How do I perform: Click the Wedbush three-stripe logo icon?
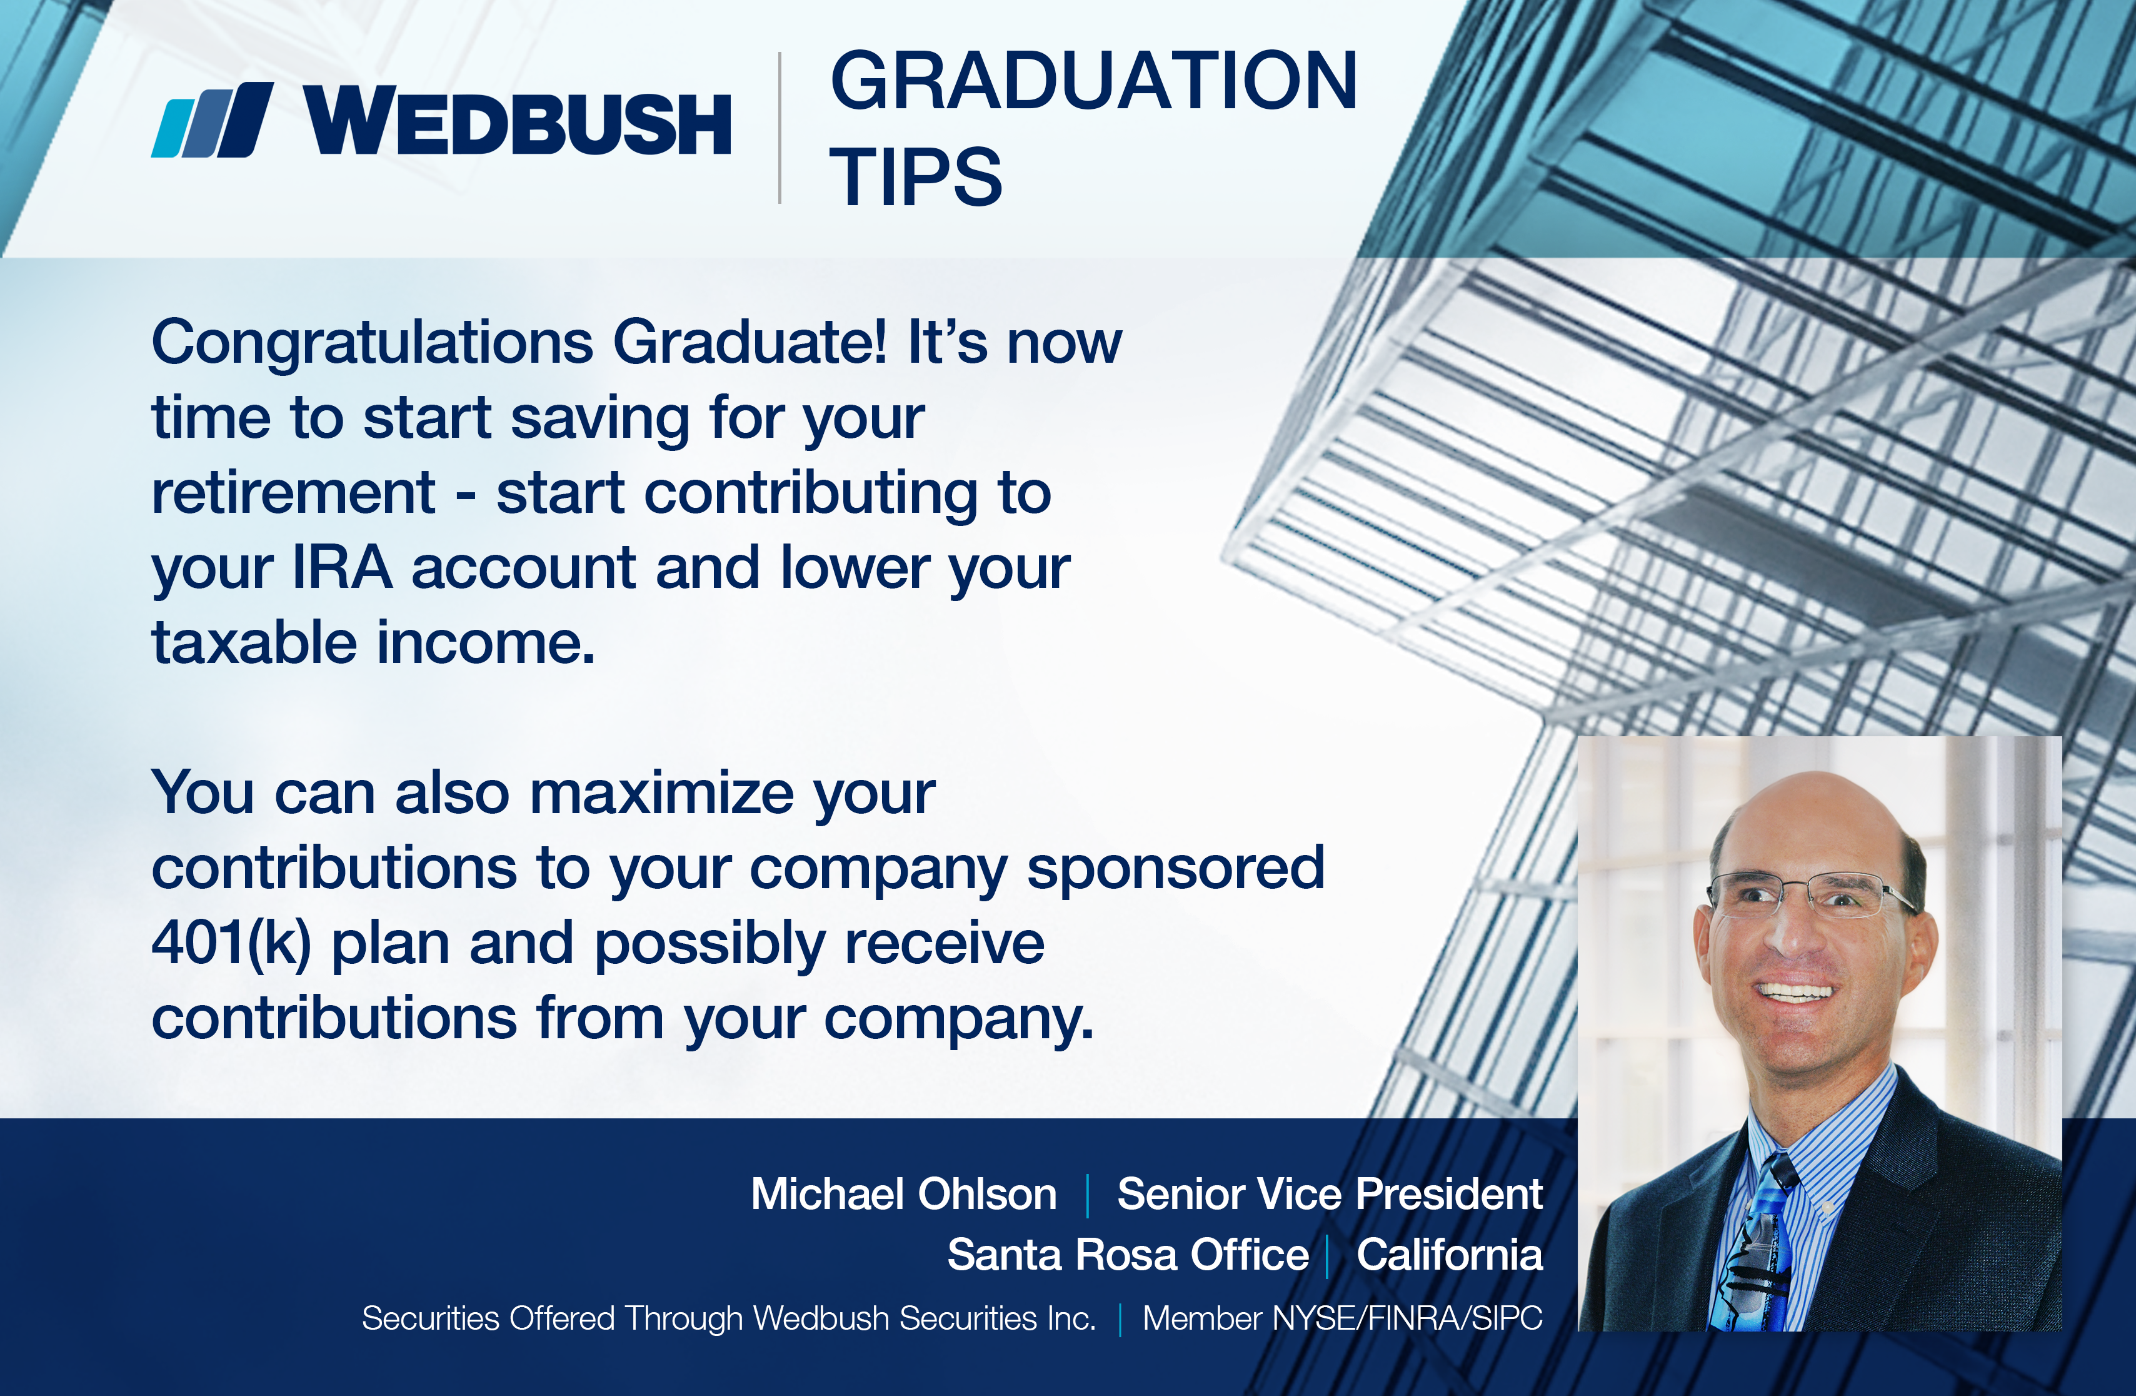pos(213,119)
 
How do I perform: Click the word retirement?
pos(293,493)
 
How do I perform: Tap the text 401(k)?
pos(231,944)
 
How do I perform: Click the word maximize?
pos(661,794)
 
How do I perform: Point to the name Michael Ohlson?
pos(904,1194)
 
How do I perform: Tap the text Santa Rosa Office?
pos(1128,1254)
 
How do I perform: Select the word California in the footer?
pos(1450,1254)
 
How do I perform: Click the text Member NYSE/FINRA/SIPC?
pos(1343,1318)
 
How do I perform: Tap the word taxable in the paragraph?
pos(254,643)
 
